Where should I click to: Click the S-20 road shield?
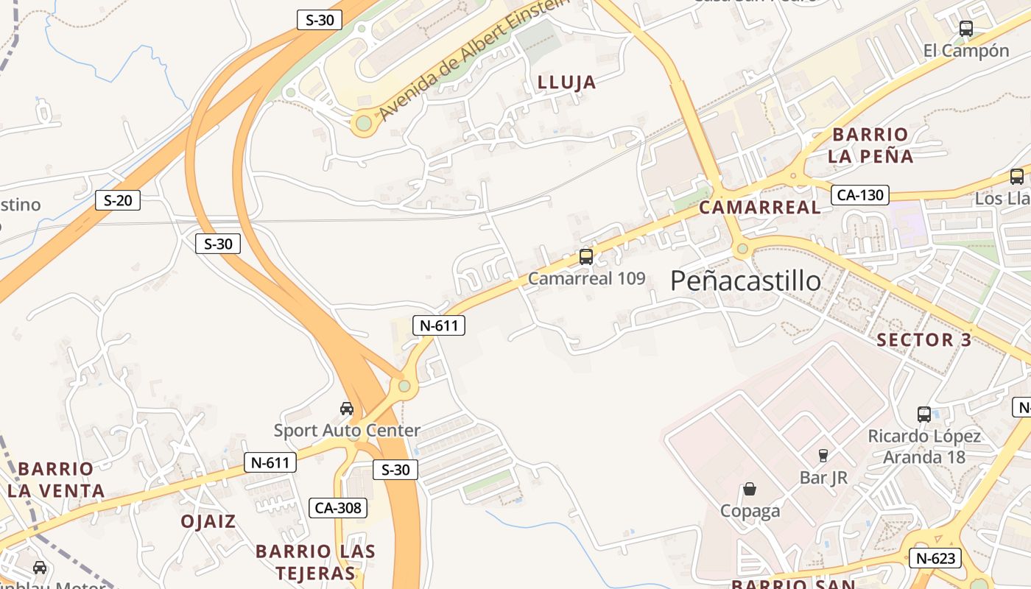point(118,200)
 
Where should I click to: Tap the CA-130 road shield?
point(860,195)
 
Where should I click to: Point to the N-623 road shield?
point(936,558)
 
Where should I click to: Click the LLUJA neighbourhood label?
point(567,82)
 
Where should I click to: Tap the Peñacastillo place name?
point(745,281)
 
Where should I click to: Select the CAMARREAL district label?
point(759,208)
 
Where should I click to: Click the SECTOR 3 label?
point(924,340)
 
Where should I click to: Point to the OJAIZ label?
point(208,521)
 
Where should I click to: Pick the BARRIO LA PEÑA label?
point(870,145)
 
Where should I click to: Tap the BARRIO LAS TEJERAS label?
point(315,562)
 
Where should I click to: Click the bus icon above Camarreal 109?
point(586,257)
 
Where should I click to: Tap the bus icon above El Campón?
point(966,29)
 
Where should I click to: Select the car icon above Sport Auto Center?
point(346,409)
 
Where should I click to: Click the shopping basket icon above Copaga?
point(750,489)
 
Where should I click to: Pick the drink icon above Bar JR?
point(823,456)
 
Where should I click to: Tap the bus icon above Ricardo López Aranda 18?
point(924,414)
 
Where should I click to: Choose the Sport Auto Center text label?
point(347,430)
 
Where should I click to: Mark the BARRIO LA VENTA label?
point(56,479)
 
